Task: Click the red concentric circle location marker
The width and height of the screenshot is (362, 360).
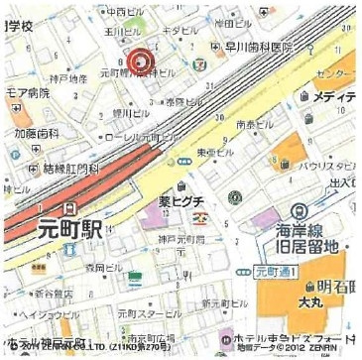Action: (x=140, y=62)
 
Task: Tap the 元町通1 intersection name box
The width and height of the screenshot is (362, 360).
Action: (x=274, y=269)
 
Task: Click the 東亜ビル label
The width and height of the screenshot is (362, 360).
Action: (x=215, y=154)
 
